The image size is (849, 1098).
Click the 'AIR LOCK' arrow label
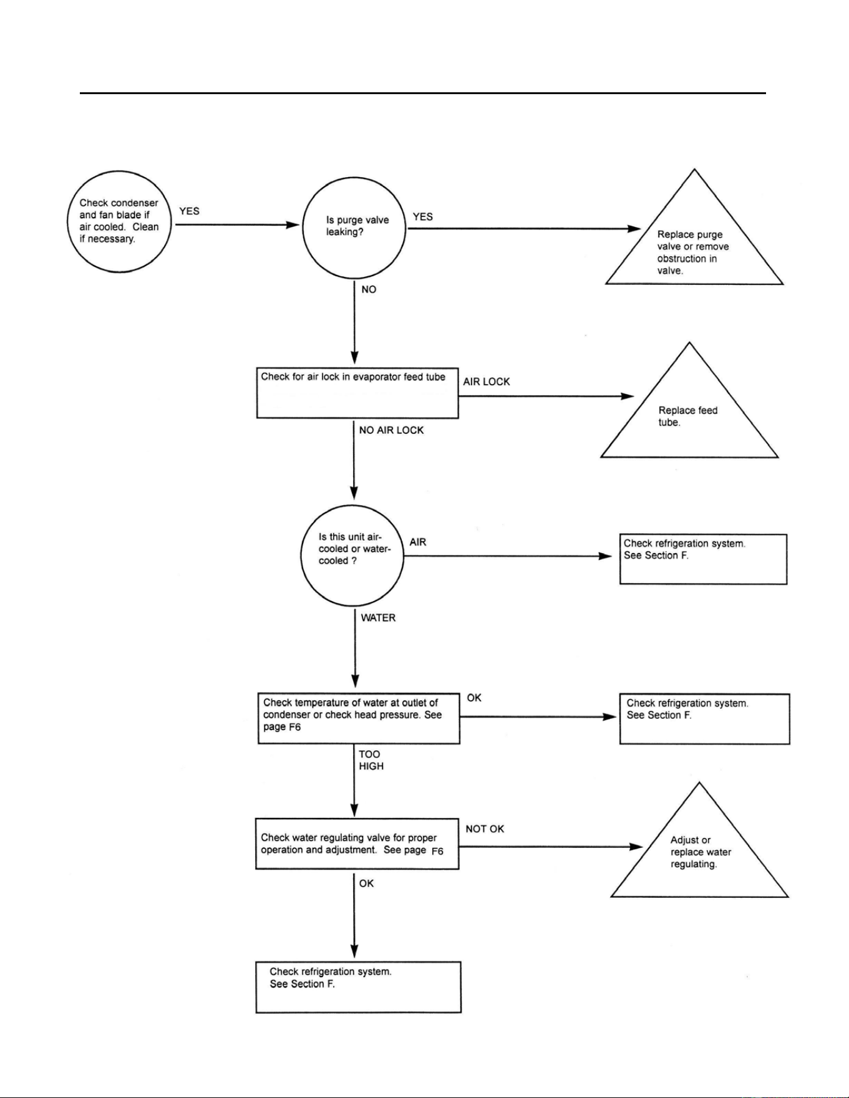[x=487, y=382]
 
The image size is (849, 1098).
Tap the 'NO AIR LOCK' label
[x=391, y=430]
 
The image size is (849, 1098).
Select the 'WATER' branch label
[x=378, y=618]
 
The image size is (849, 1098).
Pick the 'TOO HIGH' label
[x=371, y=760]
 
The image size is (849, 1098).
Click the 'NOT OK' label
[x=485, y=829]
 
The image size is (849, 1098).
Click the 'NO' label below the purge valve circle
[x=369, y=289]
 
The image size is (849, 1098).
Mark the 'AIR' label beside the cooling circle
[x=418, y=542]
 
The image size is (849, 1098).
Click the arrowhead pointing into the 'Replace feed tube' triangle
[x=627, y=396]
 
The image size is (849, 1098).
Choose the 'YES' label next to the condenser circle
[x=189, y=211]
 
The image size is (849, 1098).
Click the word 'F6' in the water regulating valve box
[x=437, y=851]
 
